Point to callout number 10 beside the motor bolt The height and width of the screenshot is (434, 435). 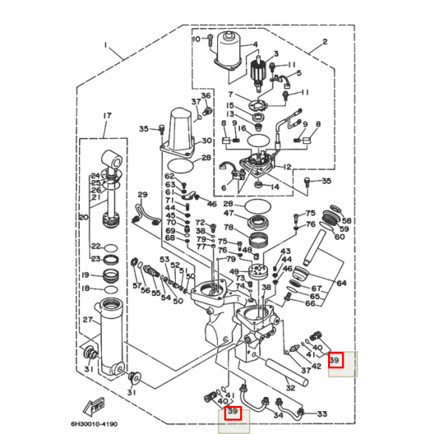[196, 39]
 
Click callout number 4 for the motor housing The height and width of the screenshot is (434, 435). [255, 44]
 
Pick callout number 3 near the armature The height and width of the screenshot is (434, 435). [275, 53]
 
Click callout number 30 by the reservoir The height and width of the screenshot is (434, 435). [207, 140]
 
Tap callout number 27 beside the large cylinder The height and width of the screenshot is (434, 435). [87, 320]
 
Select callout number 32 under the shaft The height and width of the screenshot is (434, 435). [290, 387]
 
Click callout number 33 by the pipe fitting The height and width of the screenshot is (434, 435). [321, 414]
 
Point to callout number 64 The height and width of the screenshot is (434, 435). [341, 283]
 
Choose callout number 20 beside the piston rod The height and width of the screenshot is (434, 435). [83, 217]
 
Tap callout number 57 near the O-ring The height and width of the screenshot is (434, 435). [137, 284]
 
